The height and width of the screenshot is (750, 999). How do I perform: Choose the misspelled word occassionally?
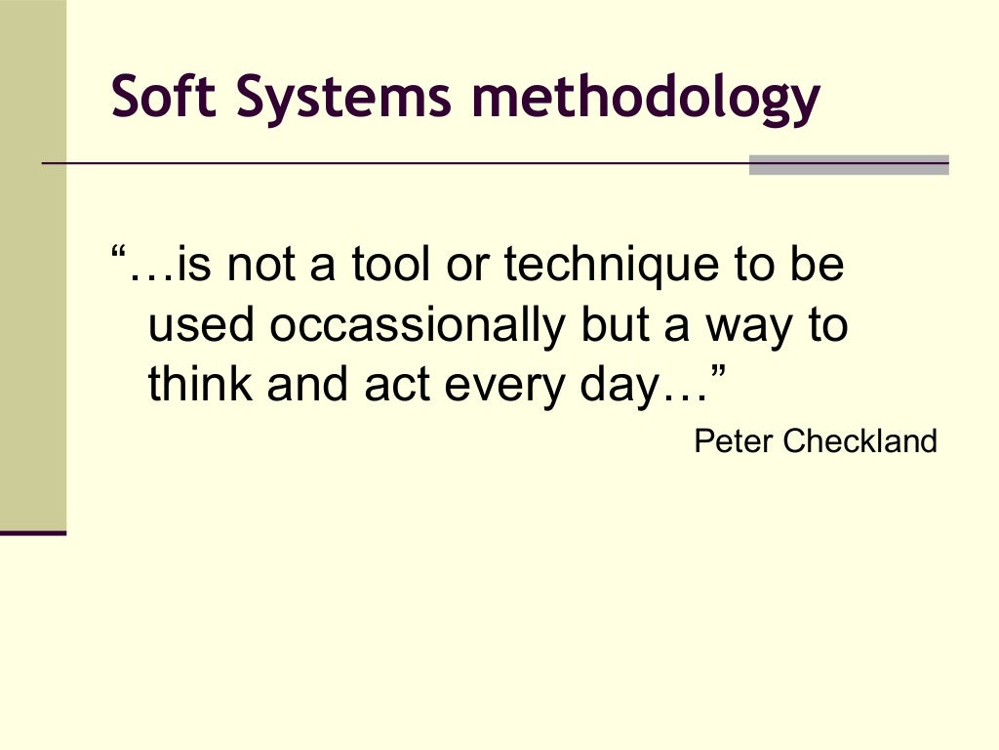point(417,327)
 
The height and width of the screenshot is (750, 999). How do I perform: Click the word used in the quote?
point(203,327)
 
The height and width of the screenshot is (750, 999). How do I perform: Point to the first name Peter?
point(733,441)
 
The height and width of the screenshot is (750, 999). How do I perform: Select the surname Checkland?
point(859,441)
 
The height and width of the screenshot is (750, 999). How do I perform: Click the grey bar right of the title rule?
point(848,165)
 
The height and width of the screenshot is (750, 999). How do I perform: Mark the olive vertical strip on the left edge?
point(32,264)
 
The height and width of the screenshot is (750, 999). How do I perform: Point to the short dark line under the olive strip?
point(32,533)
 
